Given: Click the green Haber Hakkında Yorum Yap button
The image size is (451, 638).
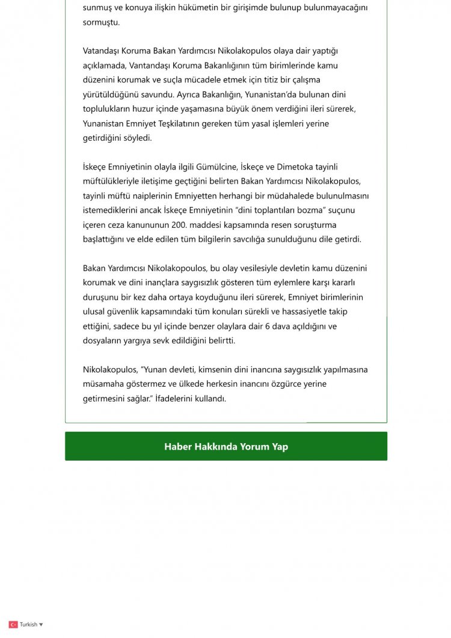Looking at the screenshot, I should [226, 447].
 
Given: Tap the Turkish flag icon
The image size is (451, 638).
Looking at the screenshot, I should [13, 625].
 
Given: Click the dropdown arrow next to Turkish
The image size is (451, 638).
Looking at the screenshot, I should [41, 625].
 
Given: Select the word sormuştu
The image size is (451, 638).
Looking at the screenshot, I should [101, 22].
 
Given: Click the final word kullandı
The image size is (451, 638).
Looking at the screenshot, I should [210, 398].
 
